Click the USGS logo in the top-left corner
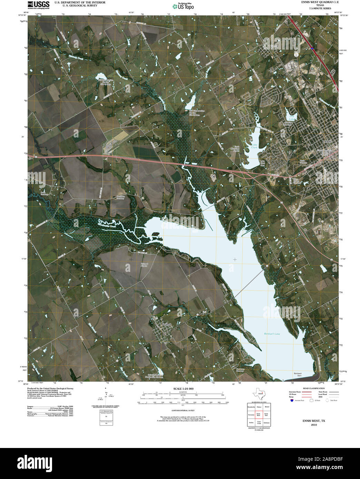coord(39,4)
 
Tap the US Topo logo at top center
coord(183,6)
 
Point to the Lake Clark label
coord(254,146)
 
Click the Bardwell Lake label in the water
coord(272,334)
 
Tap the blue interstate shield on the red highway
coord(312,49)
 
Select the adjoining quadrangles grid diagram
coord(259,415)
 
